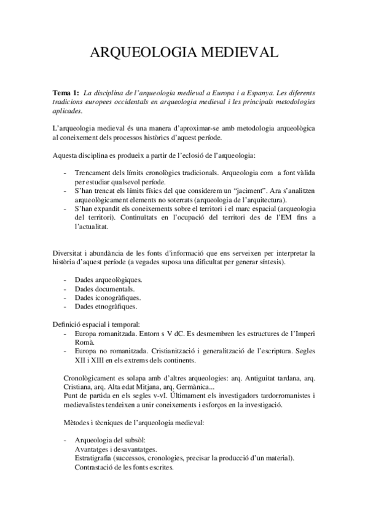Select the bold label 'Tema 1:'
(x=66, y=92)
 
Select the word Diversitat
(x=69, y=253)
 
